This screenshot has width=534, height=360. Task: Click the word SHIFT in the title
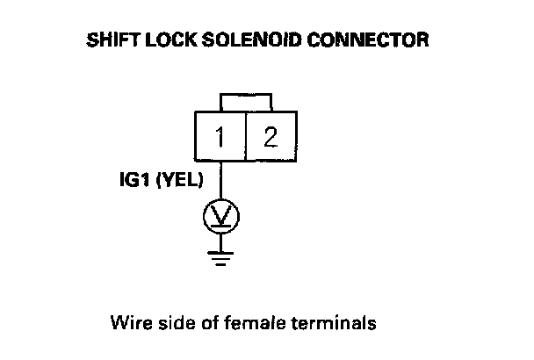point(110,41)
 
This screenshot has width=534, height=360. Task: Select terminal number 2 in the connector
point(271,138)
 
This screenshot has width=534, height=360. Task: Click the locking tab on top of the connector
point(245,102)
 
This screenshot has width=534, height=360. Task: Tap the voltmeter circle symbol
point(220,215)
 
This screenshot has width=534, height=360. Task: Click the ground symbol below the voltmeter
point(220,256)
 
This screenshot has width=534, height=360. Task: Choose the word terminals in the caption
point(340,322)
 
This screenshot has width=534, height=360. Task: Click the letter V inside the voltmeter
point(220,214)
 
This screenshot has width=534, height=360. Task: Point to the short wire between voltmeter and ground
point(220,241)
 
